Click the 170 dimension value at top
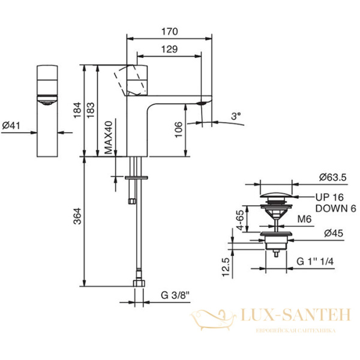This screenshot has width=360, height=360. click(169, 31)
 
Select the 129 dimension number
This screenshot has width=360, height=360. click(169, 49)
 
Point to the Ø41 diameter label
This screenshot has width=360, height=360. click(11, 125)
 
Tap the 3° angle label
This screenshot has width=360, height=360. click(236, 116)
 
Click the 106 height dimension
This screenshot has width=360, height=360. click(179, 130)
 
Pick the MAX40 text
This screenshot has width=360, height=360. click(109, 137)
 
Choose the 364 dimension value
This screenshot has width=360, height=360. click(77, 216)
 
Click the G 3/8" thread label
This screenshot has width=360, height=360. click(175, 295)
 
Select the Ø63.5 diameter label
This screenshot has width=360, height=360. click(332, 177)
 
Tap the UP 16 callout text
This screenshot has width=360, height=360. click(329, 197)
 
